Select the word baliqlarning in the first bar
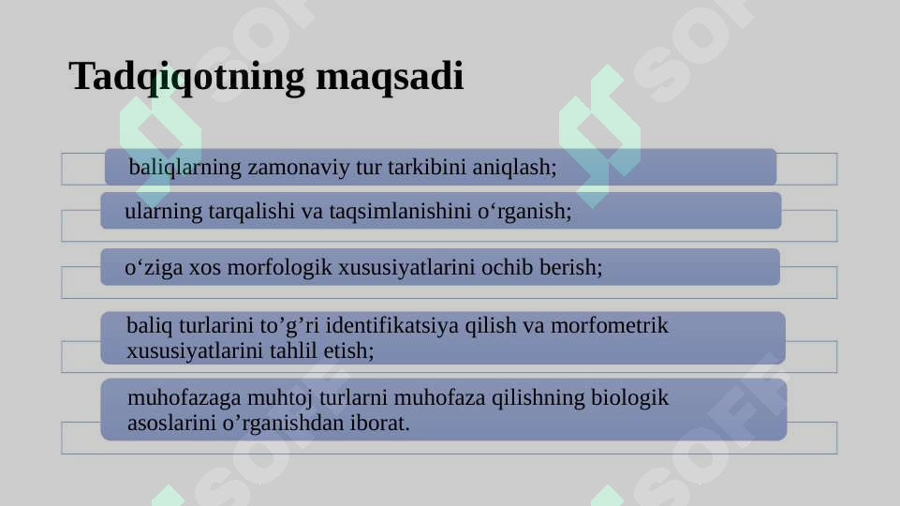[x=184, y=168]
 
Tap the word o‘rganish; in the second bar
[x=525, y=212]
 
